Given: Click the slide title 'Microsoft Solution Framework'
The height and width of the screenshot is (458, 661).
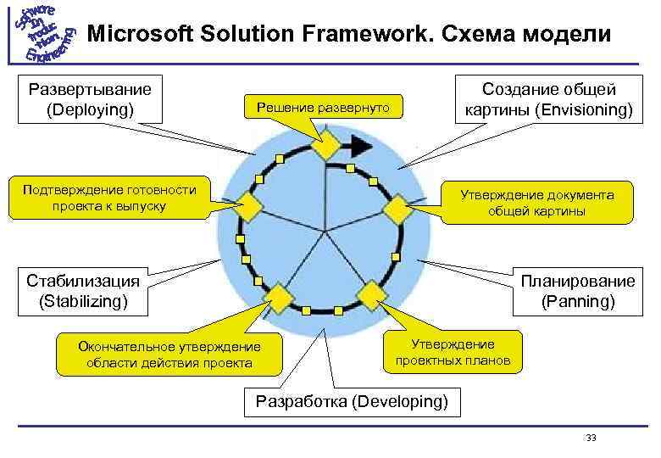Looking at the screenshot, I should [348, 35].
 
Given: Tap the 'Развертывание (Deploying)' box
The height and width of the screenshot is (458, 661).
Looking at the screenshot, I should [90, 99].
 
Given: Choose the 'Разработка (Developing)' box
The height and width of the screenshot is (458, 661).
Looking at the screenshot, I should [352, 401].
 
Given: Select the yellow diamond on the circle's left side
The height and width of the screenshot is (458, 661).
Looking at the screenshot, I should [250, 205].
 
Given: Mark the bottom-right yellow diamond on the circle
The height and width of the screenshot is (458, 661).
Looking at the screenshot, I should [370, 294].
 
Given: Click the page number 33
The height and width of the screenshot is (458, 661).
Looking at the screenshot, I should [591, 438].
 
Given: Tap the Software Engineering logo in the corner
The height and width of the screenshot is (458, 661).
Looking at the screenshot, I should [40, 34].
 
